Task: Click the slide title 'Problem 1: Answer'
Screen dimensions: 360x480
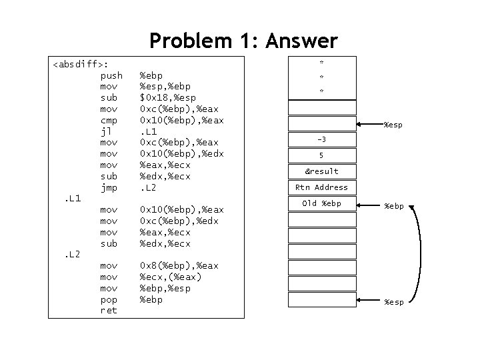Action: [243, 41]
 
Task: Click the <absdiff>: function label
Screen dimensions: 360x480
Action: [80, 65]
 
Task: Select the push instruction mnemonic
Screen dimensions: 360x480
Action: [111, 75]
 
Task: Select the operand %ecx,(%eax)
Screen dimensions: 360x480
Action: [170, 277]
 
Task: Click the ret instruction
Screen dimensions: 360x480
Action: [108, 311]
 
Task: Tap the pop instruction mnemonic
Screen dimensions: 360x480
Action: [109, 299]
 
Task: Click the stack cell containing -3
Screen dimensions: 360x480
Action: [321, 139]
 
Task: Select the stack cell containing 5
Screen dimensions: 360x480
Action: [321, 155]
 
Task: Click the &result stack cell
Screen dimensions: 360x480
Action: [321, 171]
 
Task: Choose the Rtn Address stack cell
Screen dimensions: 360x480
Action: [321, 187]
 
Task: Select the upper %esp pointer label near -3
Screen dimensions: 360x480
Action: [393, 125]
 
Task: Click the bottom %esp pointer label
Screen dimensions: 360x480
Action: [393, 302]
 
